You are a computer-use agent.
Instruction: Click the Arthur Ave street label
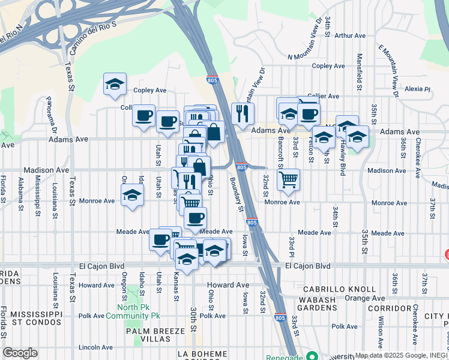[x=350, y=36]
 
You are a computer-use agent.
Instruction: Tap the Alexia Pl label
[x=418, y=89]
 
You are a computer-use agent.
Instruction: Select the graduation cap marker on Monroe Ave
[x=132, y=194]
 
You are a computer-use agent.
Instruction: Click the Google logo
[x=20, y=353]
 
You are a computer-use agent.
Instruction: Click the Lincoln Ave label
[x=96, y=347]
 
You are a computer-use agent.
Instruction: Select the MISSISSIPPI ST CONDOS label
[x=31, y=318]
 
